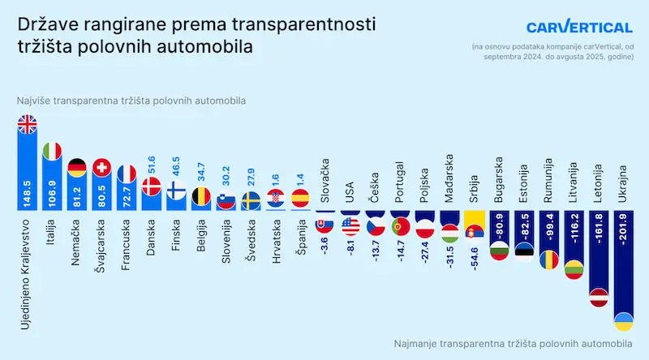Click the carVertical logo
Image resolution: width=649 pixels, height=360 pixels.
[x=578, y=27]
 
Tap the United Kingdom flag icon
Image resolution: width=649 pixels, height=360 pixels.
[x=28, y=125]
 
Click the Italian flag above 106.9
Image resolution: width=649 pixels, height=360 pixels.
[x=53, y=151]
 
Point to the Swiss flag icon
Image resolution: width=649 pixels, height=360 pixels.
[x=102, y=168]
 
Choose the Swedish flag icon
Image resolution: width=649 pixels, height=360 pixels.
[x=251, y=200]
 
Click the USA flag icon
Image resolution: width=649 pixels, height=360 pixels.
[x=350, y=226]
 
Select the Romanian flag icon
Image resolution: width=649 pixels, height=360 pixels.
[x=551, y=259]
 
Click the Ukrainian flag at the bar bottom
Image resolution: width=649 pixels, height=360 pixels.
[x=625, y=321]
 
